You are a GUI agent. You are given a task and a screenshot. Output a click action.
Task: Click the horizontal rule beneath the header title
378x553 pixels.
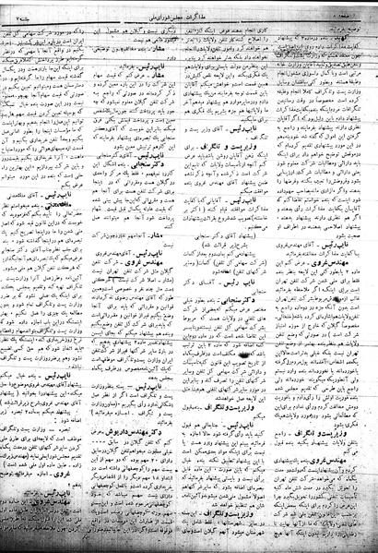[x=189, y=17]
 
